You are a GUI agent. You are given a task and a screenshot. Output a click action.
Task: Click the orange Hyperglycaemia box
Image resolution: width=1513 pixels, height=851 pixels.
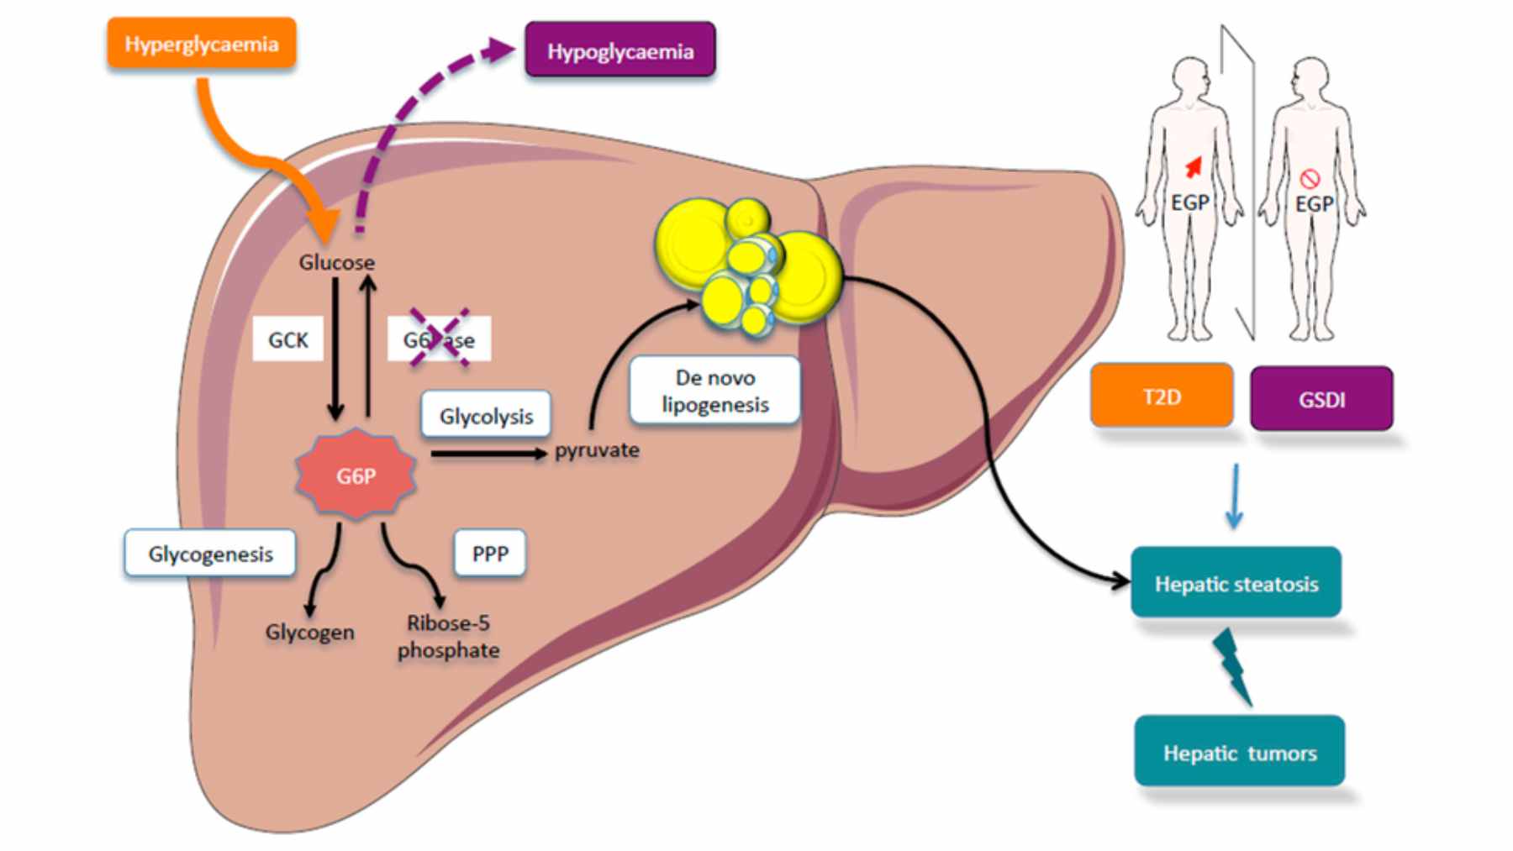coord(201,44)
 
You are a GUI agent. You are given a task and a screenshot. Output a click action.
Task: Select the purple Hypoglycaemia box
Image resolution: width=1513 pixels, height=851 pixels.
coord(620,51)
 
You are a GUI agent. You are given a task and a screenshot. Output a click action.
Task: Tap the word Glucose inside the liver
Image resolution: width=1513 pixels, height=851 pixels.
coord(336,263)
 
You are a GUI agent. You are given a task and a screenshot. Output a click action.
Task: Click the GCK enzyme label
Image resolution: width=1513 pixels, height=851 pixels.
coord(287,339)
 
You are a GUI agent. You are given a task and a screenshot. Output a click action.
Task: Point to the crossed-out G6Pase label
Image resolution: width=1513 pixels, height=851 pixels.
coord(439,339)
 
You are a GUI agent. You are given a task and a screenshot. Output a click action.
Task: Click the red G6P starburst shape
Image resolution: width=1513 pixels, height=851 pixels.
coord(356,475)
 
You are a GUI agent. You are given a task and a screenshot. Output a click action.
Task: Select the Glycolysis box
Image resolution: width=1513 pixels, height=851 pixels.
coord(486,416)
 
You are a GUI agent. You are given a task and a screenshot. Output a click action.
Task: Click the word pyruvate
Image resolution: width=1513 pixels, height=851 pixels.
coord(597,450)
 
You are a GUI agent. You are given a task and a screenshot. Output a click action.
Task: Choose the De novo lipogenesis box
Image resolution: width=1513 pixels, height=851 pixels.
coord(714,391)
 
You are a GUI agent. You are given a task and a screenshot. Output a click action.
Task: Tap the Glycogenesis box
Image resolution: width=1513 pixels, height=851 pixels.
coord(210,554)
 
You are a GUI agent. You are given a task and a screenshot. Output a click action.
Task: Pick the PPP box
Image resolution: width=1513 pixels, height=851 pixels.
coord(490,554)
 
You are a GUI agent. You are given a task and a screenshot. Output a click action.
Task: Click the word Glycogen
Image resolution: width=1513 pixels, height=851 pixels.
coord(309,633)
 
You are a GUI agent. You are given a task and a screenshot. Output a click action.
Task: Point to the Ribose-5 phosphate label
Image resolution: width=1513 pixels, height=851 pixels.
coord(448,637)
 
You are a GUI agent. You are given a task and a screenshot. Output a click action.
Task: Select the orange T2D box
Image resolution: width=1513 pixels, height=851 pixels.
coord(1162,397)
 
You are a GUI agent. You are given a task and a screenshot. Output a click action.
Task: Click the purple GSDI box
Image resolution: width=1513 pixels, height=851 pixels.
coord(1321,399)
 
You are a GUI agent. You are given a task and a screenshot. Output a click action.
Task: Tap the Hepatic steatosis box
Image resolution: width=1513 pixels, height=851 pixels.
coord(1236,584)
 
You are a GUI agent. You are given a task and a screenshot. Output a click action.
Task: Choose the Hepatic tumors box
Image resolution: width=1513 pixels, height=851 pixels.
coord(1239,753)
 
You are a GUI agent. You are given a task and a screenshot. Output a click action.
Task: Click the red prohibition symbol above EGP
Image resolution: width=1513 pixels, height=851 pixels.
coord(1310,178)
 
